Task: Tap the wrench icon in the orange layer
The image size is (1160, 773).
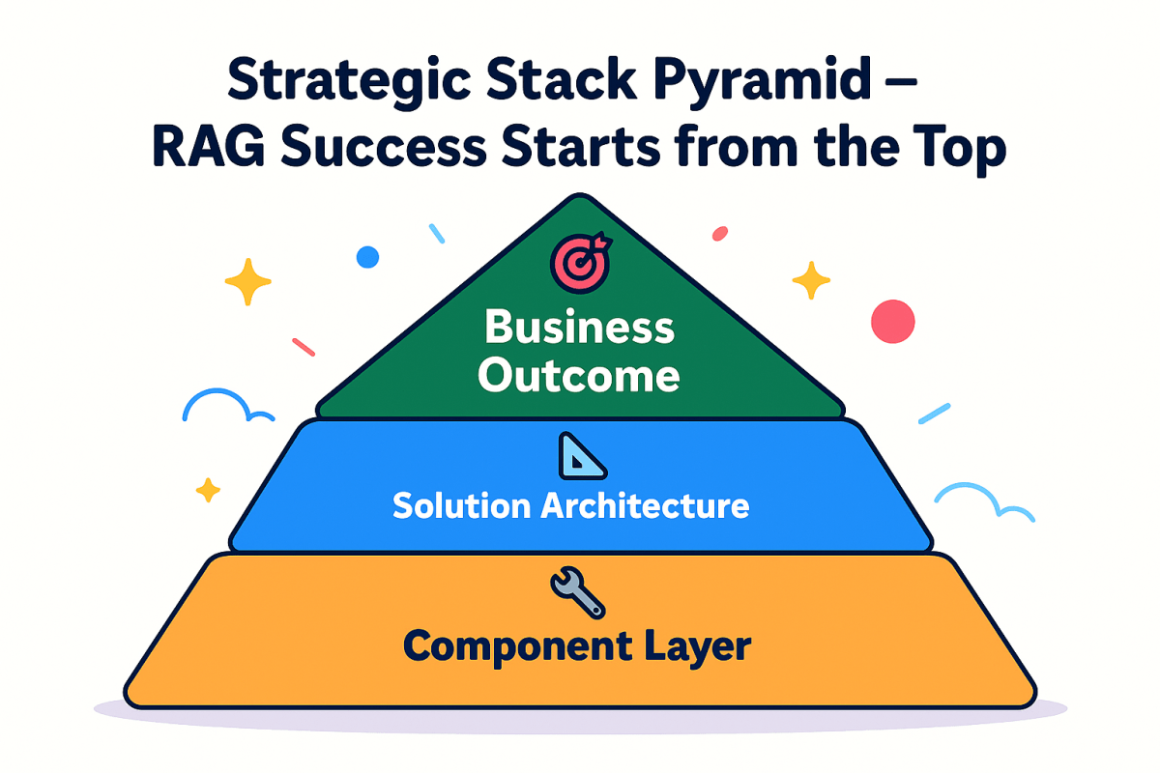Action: [x=577, y=592]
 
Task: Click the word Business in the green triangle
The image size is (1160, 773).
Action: [x=579, y=328]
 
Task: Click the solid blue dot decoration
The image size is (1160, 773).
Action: [x=367, y=257]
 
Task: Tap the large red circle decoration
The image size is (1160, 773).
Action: [x=892, y=321]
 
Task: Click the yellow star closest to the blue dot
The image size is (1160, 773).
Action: [x=249, y=281]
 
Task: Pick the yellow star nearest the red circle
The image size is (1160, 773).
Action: [x=811, y=280]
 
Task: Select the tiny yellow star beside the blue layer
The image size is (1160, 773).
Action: [x=208, y=491]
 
